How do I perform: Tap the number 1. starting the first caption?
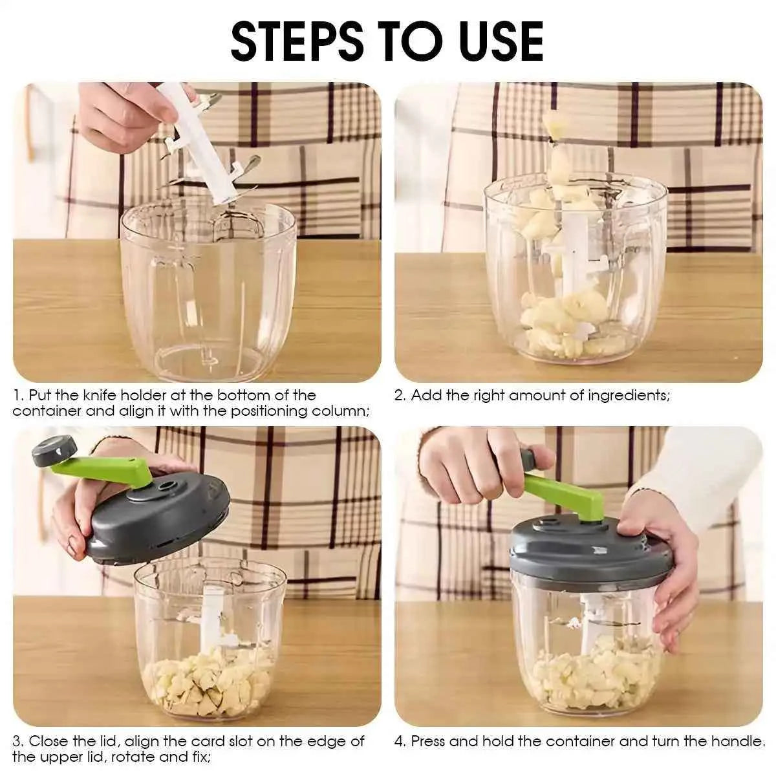point(18,395)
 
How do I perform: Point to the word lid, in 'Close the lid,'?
point(125,741)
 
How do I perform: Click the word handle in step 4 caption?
point(744,741)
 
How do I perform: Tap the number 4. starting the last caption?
point(400,741)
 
